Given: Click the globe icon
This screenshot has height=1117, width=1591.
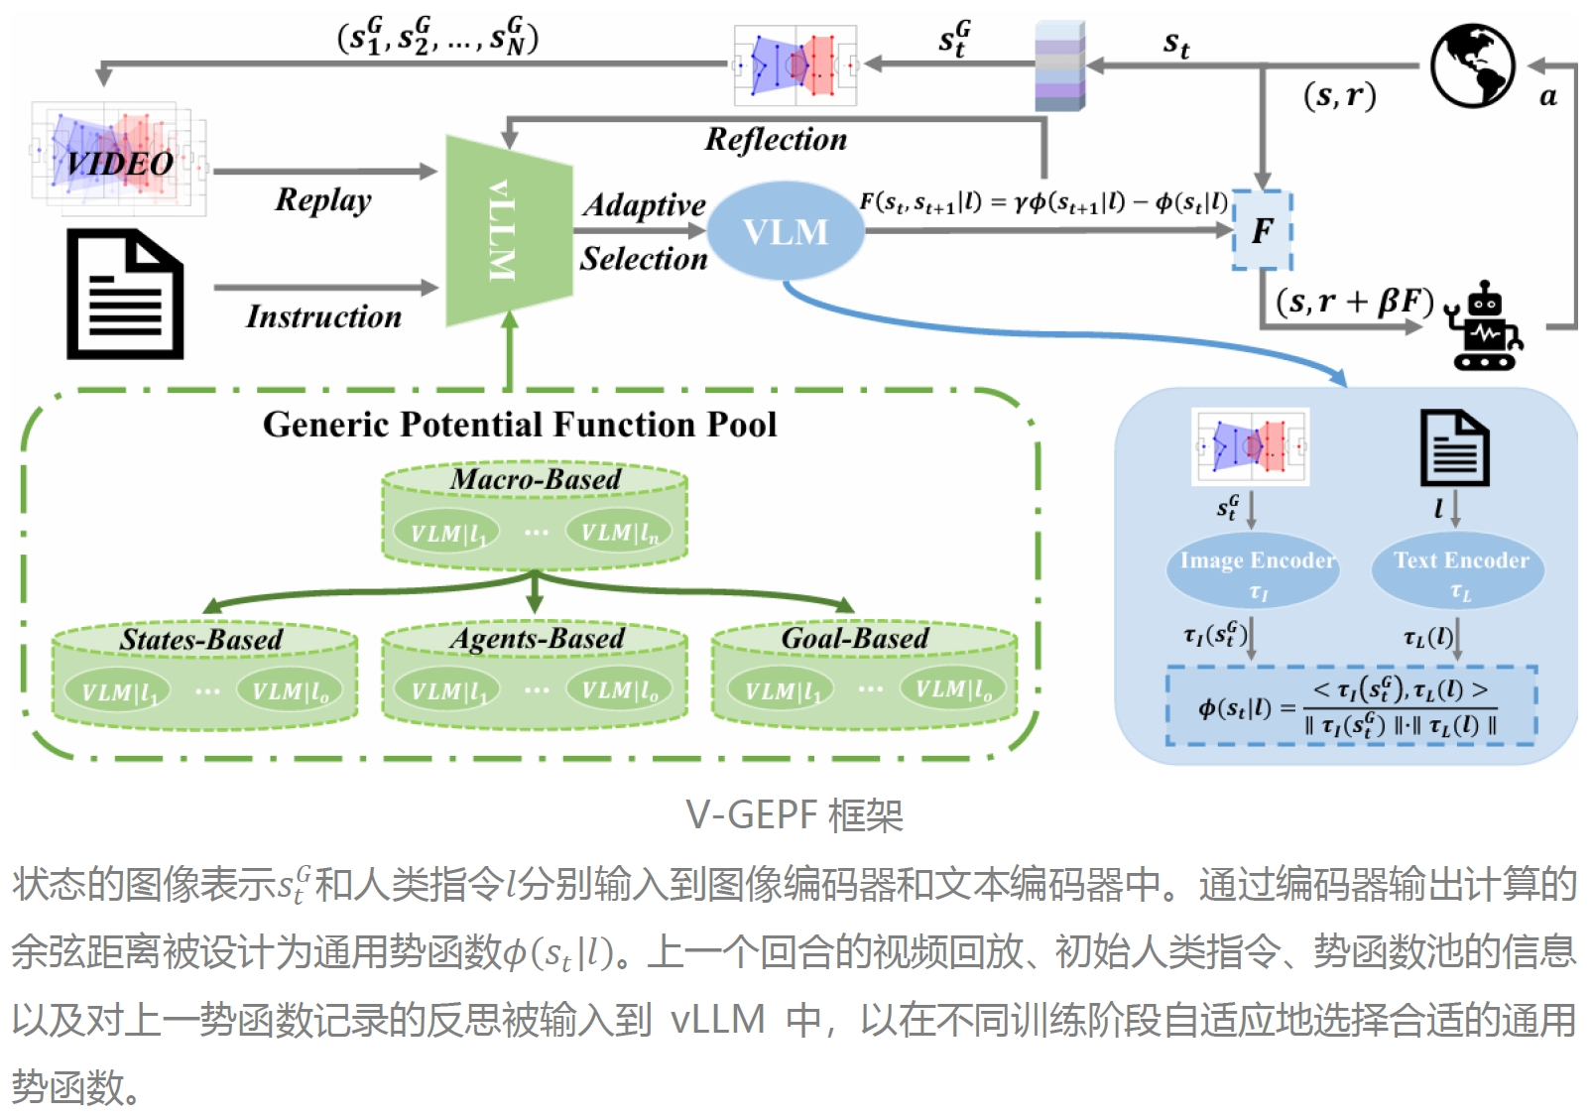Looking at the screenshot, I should tap(1472, 65).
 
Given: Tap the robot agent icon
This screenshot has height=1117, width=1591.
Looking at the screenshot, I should tap(1485, 326).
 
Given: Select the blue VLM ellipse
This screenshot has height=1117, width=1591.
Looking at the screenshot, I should tap(786, 231).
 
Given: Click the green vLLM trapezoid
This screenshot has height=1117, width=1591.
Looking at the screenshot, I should tap(508, 231).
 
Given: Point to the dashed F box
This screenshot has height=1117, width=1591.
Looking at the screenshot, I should tap(1262, 230).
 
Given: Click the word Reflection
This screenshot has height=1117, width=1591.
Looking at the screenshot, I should tap(776, 140).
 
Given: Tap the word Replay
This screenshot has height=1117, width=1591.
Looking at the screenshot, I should tap(323, 199).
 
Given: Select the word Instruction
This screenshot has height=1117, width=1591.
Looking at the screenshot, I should tap(323, 316).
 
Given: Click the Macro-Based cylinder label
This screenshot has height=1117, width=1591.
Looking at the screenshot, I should tap(536, 479).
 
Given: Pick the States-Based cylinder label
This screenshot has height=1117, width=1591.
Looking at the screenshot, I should tap(201, 640).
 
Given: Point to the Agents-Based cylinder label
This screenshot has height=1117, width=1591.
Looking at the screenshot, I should tap(537, 639).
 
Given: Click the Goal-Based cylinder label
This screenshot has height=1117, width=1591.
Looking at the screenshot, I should tap(855, 638).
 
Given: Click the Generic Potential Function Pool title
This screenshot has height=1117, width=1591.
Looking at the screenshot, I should tap(520, 425).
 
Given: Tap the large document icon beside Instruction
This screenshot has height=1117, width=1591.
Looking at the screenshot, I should tap(125, 294).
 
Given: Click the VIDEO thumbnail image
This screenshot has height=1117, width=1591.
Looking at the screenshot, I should tap(119, 159).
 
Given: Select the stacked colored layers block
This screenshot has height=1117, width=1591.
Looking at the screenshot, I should tap(1059, 65).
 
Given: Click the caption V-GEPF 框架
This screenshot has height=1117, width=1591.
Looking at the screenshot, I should tap(795, 815).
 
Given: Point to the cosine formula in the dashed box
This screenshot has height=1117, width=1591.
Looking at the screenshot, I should tap(1351, 706).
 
